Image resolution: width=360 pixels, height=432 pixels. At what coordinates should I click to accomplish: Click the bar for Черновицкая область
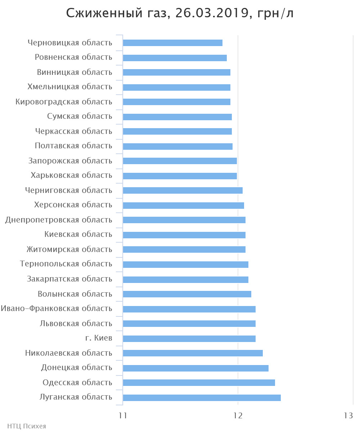coord(172,43)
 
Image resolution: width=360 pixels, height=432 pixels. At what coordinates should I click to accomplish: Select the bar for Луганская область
coord(202,397)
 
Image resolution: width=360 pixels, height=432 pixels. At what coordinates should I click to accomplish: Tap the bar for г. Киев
coord(189,338)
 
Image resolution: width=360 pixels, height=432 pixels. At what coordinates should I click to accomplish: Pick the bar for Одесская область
coord(199,383)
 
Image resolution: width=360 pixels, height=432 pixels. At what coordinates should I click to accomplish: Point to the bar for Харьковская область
coord(180,176)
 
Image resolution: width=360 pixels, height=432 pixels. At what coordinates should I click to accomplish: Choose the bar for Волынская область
coord(187,294)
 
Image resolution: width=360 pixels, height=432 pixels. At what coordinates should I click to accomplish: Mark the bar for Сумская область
coord(177,117)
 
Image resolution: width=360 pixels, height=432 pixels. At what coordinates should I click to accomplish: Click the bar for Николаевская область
coord(193,353)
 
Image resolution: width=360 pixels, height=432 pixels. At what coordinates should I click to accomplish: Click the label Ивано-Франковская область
coord(57,309)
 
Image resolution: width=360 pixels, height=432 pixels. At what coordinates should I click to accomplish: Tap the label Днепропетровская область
coord(59,220)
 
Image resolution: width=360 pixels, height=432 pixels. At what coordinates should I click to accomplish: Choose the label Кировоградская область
coord(64,102)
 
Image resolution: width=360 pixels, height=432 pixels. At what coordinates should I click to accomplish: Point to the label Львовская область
coord(76,324)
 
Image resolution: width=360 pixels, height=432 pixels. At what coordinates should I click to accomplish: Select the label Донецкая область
coord(77,368)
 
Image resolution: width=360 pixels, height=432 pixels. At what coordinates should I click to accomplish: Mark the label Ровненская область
coord(73,57)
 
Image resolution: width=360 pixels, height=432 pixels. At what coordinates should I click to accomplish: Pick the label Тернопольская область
coord(66,264)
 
